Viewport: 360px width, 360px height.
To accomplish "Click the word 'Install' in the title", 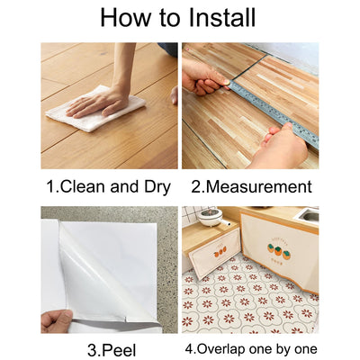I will click(216, 17).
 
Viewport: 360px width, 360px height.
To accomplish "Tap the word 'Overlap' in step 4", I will click(224, 348).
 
